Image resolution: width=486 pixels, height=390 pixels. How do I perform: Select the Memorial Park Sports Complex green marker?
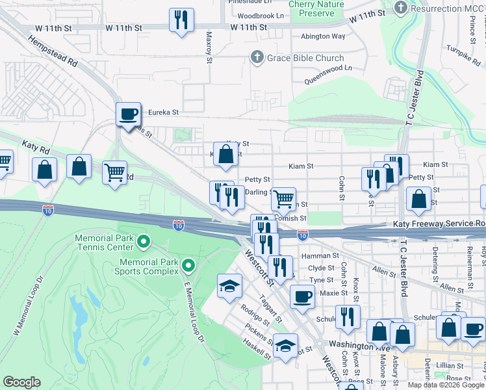[x=188, y=265]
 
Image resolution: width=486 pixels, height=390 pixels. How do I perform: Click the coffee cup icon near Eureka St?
[x=128, y=114]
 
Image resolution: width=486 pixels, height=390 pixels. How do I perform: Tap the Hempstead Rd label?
[x=53, y=51]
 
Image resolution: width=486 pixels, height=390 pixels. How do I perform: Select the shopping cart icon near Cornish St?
[x=283, y=199]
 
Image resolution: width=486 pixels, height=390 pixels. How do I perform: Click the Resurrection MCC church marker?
[x=401, y=8]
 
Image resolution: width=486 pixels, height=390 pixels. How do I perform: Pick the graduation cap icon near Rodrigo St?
[x=229, y=286]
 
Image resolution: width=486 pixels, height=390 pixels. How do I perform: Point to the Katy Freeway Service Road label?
[x=439, y=224]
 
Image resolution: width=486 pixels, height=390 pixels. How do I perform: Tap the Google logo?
[x=21, y=382]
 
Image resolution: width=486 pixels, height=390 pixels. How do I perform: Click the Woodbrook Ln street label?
[x=261, y=15]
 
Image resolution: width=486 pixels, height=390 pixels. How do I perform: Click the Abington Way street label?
[x=322, y=36]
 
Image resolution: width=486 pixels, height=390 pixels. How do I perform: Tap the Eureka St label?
[x=163, y=112]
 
